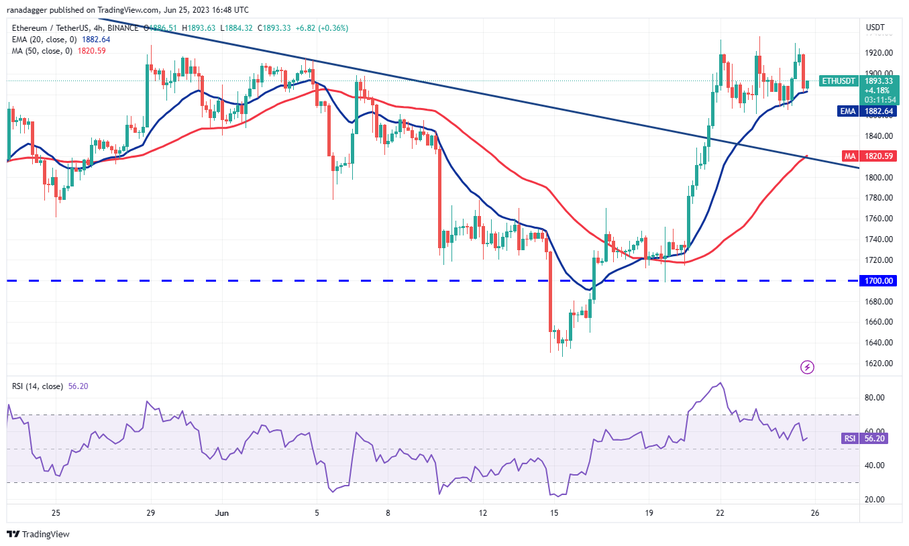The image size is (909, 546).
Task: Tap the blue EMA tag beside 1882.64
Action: [x=847, y=111]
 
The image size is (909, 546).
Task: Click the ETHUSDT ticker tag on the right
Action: [x=838, y=81]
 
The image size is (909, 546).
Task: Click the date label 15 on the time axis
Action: [x=554, y=513]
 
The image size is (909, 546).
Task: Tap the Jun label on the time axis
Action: [x=222, y=513]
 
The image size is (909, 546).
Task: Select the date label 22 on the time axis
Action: [x=720, y=513]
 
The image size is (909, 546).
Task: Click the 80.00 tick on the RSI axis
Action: [x=875, y=398]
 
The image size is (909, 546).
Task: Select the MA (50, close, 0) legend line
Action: [x=46, y=50]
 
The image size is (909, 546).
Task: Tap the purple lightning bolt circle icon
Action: [x=808, y=367]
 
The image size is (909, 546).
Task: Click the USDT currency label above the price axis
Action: [x=875, y=28]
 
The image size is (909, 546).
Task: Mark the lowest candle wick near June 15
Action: [x=562, y=355]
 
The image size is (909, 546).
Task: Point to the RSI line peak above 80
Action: [x=720, y=383]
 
